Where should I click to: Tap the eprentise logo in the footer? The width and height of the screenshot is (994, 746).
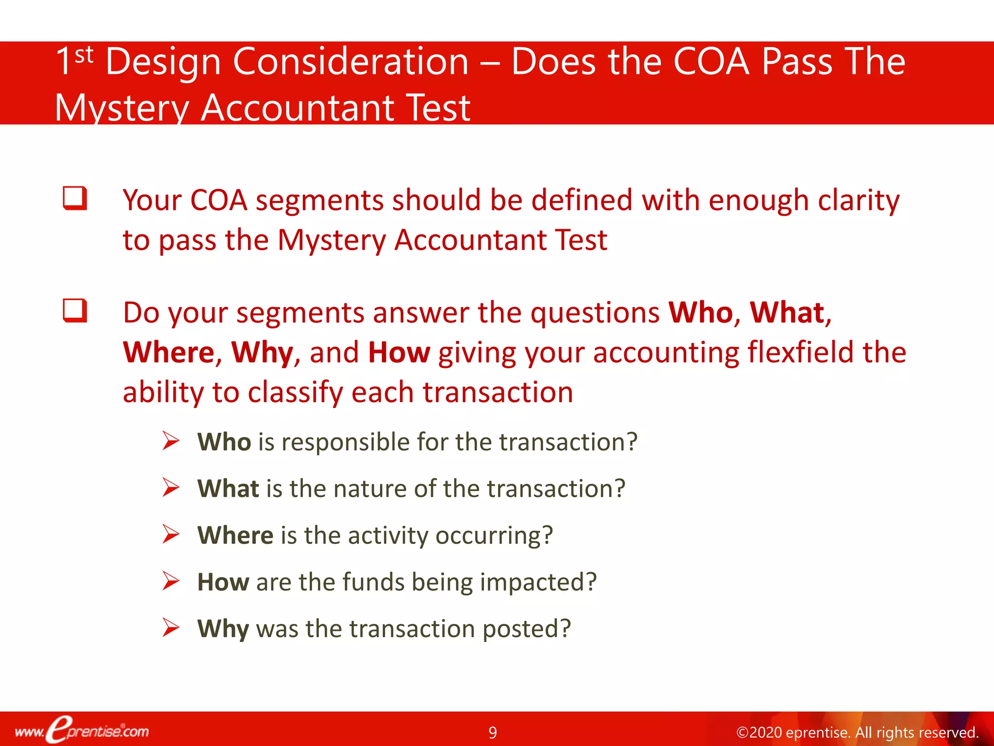(x=82, y=730)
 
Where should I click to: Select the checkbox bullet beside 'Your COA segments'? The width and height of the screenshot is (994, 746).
(x=75, y=198)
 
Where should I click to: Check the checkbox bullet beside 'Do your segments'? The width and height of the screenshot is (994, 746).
(x=75, y=311)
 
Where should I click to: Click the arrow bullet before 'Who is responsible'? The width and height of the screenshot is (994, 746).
(x=171, y=441)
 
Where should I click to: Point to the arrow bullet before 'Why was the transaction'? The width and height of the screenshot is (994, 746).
(x=171, y=627)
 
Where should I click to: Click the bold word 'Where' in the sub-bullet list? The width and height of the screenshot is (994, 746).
(x=235, y=535)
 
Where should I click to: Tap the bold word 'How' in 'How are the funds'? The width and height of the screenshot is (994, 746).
(x=223, y=582)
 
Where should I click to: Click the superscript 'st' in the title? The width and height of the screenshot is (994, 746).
(x=84, y=55)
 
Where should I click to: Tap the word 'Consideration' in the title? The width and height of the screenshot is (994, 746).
(x=350, y=62)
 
